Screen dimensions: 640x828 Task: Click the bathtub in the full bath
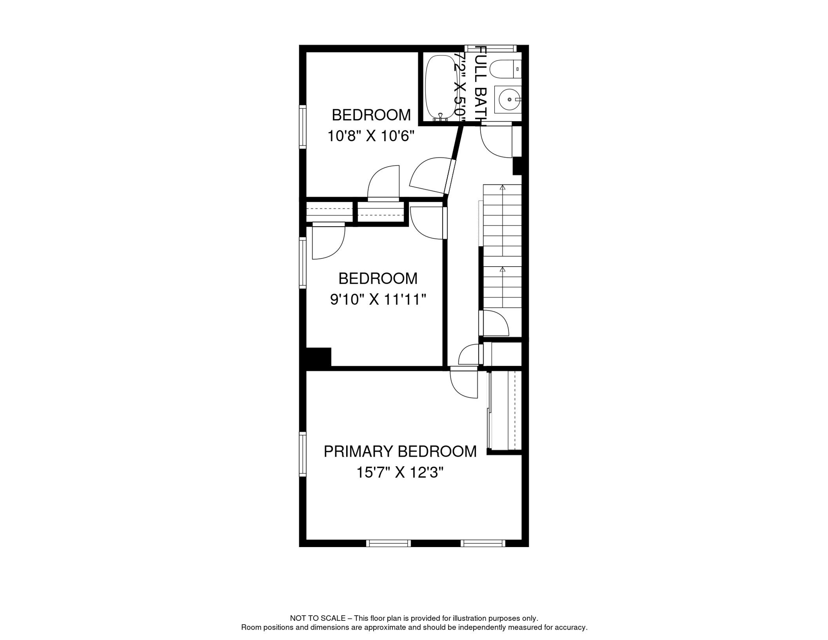pyautogui.click(x=440, y=87)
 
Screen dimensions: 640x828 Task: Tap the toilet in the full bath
pyautogui.click(x=504, y=69)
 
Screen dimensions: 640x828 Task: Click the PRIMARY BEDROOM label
pyautogui.click(x=400, y=452)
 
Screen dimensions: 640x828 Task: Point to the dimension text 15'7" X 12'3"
pyautogui.click(x=400, y=472)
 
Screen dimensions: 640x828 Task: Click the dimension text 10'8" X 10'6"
pyautogui.click(x=371, y=136)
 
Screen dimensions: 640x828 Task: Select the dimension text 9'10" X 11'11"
pyautogui.click(x=378, y=299)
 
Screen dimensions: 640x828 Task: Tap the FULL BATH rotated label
pyautogui.click(x=481, y=85)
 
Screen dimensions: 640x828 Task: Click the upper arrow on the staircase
pyautogui.click(x=503, y=188)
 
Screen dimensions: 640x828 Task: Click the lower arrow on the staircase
pyautogui.click(x=503, y=270)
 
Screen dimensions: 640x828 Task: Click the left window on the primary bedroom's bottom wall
pyautogui.click(x=389, y=543)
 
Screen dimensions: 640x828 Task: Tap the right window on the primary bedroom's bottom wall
pyautogui.click(x=483, y=543)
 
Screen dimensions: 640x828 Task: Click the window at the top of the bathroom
pyautogui.click(x=491, y=48)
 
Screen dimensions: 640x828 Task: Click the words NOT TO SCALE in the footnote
pyautogui.click(x=317, y=618)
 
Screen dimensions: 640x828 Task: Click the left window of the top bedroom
pyautogui.click(x=303, y=127)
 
